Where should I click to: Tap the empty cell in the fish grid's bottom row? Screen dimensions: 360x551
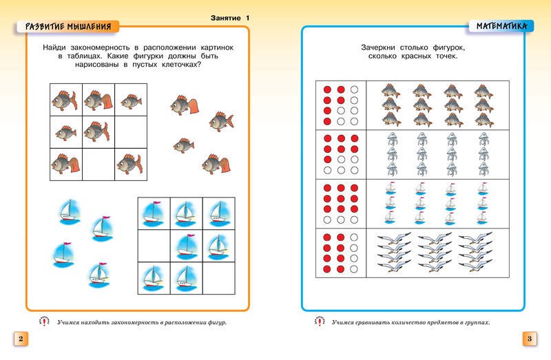tap(98, 164)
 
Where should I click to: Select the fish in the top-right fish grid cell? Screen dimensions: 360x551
tap(130, 100)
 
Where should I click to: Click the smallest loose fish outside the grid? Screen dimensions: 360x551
tap(183, 145)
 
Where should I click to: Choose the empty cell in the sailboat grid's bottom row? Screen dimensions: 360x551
tap(218, 277)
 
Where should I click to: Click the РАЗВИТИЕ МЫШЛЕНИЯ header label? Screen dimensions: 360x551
tap(67, 27)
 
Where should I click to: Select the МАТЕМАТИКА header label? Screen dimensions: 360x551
tap(501, 26)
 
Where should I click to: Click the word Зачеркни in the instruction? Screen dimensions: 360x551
tap(383, 47)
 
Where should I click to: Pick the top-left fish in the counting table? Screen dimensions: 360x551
tap(391, 90)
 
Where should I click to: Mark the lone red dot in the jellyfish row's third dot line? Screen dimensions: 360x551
tap(328, 160)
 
